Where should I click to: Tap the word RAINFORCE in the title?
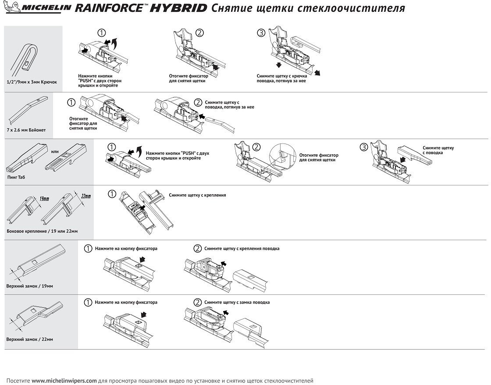point(108,8)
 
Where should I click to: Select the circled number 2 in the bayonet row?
point(198,103)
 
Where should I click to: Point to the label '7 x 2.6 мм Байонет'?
point(26,130)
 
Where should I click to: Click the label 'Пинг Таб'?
point(16,177)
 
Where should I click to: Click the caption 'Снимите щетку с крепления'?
point(197,195)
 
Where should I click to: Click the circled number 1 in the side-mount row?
point(112,193)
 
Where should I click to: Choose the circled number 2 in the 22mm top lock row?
point(198,302)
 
